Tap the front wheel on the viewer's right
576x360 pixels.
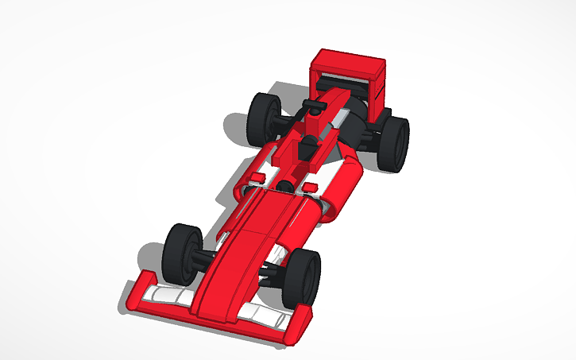303,278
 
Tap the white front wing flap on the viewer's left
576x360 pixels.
171,297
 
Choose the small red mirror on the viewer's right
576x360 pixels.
311,188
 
